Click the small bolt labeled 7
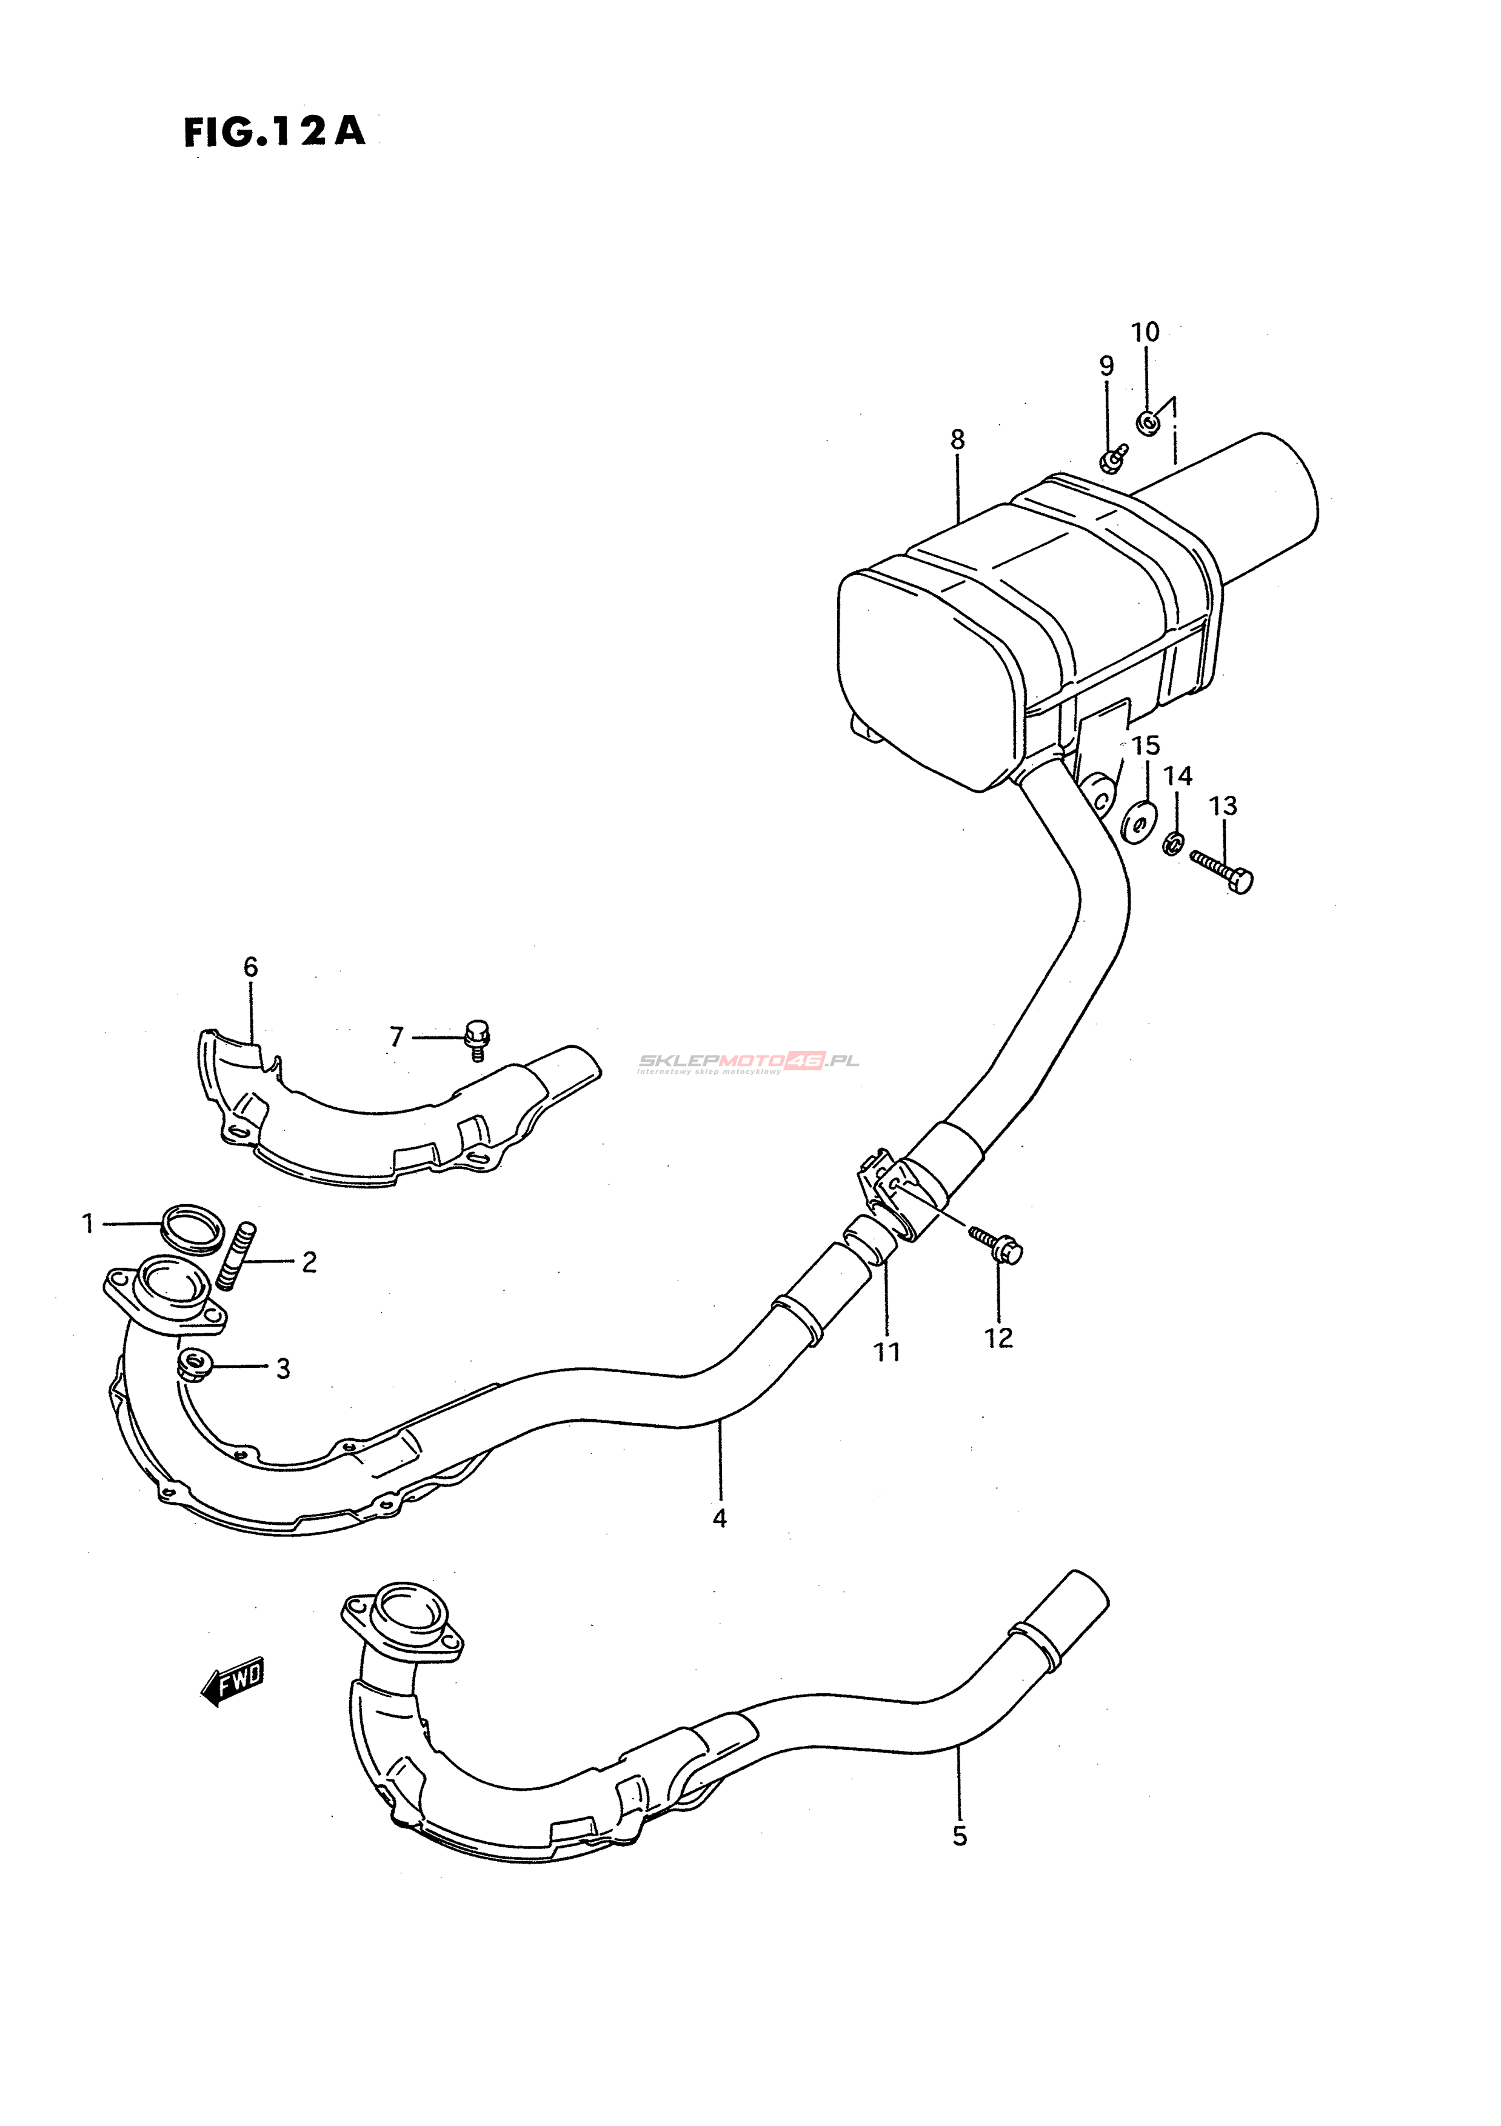tap(476, 1039)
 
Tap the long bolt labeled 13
tap(1222, 870)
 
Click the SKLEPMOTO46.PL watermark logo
tap(748, 1061)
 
